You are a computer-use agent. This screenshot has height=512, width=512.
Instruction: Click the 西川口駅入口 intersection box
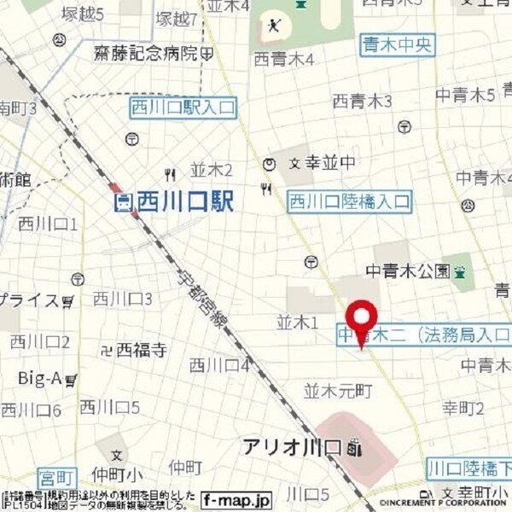click(183, 108)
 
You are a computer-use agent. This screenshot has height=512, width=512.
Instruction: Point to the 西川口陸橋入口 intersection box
click(349, 201)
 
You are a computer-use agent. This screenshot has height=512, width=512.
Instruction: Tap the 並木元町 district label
click(339, 391)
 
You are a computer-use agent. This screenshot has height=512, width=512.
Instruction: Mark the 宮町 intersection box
click(58, 474)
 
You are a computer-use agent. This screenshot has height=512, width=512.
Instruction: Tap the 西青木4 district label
click(284, 59)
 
